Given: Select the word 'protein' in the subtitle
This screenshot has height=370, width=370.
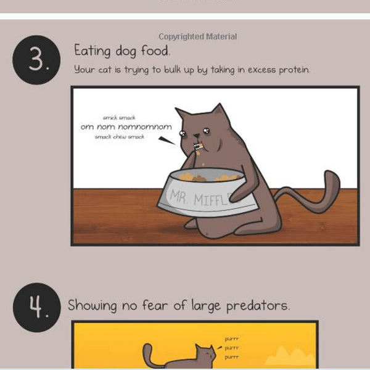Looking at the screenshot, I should point(292,70).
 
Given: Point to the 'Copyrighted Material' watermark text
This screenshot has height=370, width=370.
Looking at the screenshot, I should point(197,37).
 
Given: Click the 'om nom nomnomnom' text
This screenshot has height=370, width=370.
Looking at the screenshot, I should point(126,127).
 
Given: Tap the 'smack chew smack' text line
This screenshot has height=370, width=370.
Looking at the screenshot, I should point(120,137).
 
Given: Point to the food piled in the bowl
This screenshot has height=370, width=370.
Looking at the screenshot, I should point(213,178).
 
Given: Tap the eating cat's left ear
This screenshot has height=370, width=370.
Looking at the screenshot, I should point(183,114).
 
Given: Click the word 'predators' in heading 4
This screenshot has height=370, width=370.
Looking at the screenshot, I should point(256,305).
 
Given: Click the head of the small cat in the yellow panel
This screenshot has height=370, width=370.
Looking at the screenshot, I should point(205,354).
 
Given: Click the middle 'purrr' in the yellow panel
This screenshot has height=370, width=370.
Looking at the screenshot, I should point(232,347).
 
